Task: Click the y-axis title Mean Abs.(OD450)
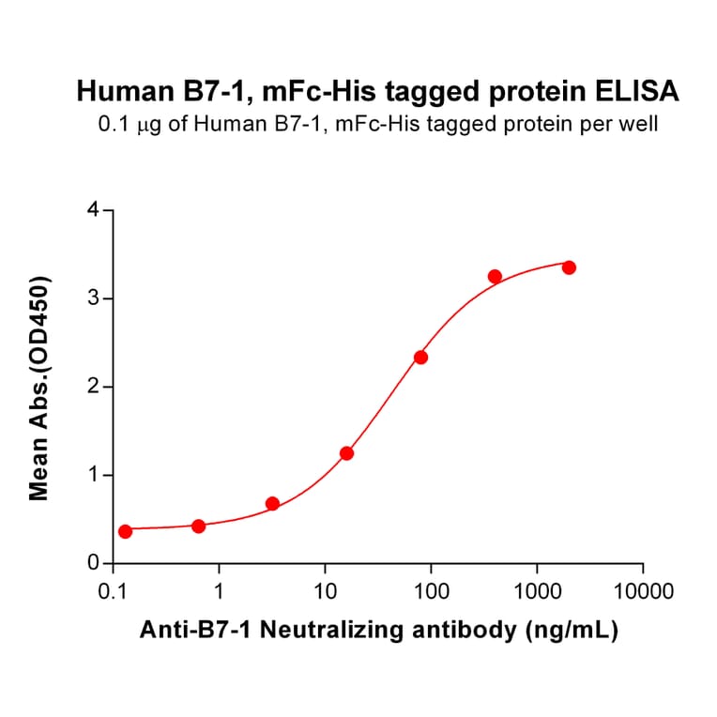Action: pyautogui.click(x=39, y=388)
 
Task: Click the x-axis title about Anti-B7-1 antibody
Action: pyautogui.click(x=378, y=632)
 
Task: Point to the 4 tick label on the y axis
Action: pyautogui.click(x=92, y=210)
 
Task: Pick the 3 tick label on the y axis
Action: pyautogui.click(x=92, y=298)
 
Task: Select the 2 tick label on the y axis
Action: pyautogui.click(x=92, y=387)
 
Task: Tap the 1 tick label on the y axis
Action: pyautogui.click(x=92, y=475)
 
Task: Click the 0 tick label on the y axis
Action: pyautogui.click(x=92, y=563)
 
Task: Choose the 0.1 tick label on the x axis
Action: pyautogui.click(x=114, y=593)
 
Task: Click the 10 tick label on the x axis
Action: pyautogui.click(x=325, y=593)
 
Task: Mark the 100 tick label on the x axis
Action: pyautogui.click(x=431, y=593)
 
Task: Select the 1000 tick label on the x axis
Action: pyautogui.click(x=537, y=593)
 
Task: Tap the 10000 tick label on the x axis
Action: pyautogui.click(x=642, y=593)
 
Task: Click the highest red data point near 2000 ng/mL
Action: pyautogui.click(x=569, y=267)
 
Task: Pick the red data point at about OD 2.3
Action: pyautogui.click(x=420, y=357)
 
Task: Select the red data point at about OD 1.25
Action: pyautogui.click(x=346, y=453)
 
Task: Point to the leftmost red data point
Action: pyautogui.click(x=125, y=531)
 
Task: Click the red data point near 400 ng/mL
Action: pyautogui.click(x=495, y=276)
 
